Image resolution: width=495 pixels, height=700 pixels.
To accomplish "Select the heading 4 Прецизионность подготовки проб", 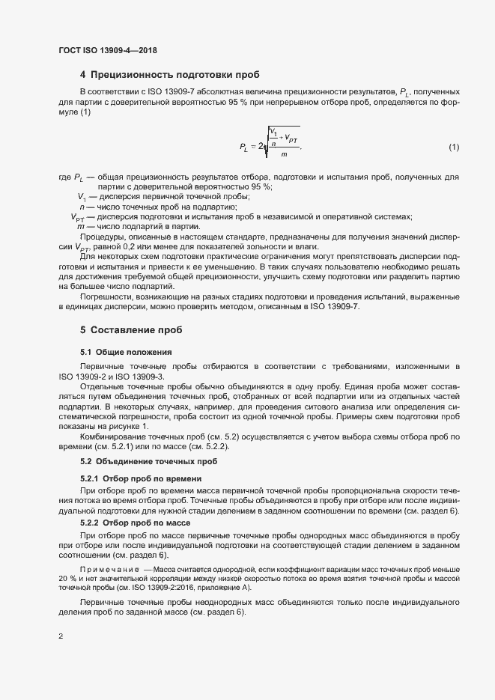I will click(x=169, y=75).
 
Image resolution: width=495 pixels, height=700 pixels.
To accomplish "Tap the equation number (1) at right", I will click(x=453, y=147).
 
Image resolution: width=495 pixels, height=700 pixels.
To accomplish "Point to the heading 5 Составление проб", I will click(x=131, y=329).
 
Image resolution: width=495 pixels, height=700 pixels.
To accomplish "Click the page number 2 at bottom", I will click(x=61, y=638).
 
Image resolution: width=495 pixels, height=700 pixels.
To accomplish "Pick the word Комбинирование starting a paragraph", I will click(x=115, y=436).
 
